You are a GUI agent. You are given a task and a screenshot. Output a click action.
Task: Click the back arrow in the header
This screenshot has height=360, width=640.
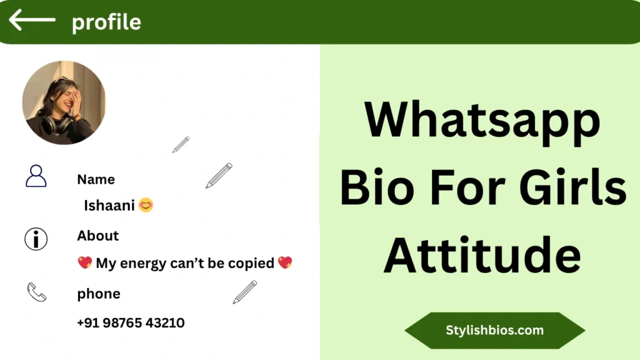click(x=32, y=19)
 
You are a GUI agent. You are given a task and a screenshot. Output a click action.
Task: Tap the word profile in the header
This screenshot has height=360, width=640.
click(x=106, y=22)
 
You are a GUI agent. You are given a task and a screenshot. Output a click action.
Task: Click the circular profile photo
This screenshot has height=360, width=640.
click(x=64, y=102)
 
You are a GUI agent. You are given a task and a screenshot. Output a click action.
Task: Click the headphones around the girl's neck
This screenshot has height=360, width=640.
click(x=56, y=124)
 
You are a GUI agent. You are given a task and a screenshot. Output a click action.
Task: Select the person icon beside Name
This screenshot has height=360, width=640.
click(x=36, y=176)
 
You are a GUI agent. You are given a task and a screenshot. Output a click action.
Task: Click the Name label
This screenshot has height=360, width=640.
click(x=96, y=179)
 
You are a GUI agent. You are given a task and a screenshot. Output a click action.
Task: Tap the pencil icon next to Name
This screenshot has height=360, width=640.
click(x=219, y=176)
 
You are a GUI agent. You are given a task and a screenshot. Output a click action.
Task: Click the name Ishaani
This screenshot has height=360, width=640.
click(x=109, y=205)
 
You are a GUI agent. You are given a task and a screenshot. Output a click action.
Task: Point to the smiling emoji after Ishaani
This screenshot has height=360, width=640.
click(x=146, y=205)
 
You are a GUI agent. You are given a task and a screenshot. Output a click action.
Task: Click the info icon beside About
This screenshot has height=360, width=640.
click(x=36, y=239)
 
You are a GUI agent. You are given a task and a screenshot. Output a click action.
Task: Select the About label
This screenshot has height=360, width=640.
click(x=98, y=236)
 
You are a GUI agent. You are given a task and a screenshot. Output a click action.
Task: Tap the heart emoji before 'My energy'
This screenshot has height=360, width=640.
click(x=85, y=263)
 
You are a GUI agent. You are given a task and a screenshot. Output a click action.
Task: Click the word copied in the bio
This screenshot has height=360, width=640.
click(x=251, y=263)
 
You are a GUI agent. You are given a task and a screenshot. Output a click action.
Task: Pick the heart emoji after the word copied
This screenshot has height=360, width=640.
click(x=285, y=262)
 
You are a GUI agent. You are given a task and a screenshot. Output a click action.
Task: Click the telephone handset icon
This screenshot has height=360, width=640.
click(x=37, y=292)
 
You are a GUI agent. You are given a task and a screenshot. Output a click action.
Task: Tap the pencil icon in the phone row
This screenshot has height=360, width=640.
click(x=245, y=292)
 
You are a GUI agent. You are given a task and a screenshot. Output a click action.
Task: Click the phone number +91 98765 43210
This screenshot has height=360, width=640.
click(x=131, y=323)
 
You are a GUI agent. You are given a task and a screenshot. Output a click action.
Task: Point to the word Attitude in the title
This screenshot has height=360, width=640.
click(x=482, y=255)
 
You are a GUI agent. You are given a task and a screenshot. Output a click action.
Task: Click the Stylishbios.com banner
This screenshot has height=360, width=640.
click(x=495, y=330)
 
